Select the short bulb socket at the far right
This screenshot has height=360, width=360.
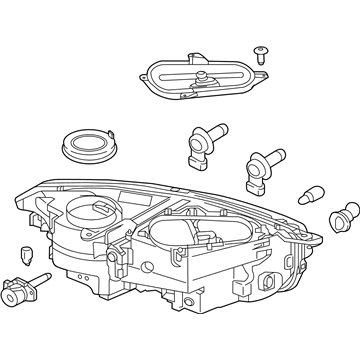click(x=346, y=213)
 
